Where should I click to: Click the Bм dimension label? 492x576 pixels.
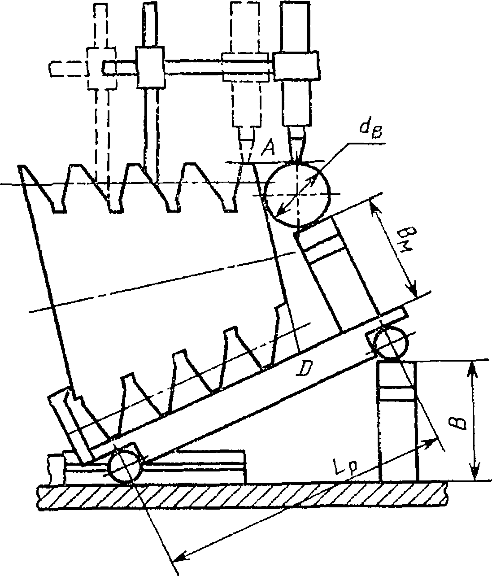(x=406, y=240)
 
